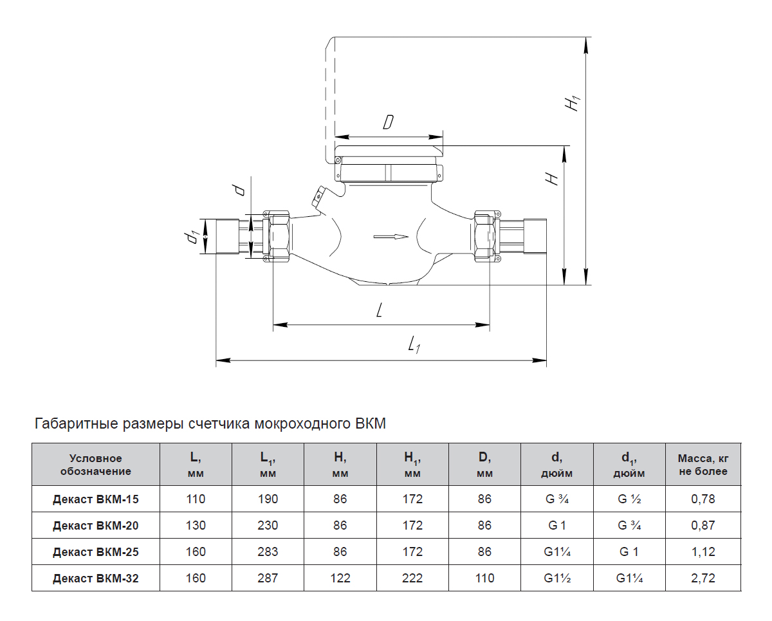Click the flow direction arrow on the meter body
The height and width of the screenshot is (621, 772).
click(391, 237)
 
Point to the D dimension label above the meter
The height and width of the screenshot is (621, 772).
click(388, 122)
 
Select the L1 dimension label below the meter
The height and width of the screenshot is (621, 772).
click(414, 344)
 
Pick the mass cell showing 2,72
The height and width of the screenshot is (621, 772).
click(703, 578)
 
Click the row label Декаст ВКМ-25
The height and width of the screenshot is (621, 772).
click(96, 551)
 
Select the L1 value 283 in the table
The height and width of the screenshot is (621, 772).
click(268, 551)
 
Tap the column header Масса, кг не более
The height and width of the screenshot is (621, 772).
click(703, 465)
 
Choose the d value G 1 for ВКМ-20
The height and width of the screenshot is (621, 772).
click(556, 525)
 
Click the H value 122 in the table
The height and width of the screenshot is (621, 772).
click(340, 578)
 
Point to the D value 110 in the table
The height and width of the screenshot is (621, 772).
click(484, 578)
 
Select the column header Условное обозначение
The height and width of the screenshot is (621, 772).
click(96, 465)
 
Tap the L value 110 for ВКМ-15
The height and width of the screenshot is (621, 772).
click(196, 499)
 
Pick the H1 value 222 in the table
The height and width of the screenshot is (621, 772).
click(412, 578)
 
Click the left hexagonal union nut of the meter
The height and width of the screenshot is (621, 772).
click(279, 237)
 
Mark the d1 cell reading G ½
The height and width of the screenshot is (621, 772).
click(629, 499)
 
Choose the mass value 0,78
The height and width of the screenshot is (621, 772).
click(703, 499)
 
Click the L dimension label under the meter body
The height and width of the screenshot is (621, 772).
click(379, 310)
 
